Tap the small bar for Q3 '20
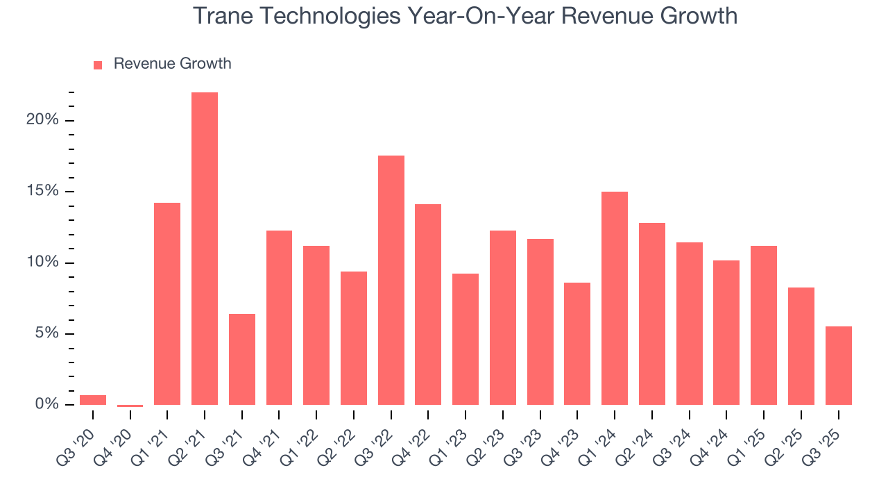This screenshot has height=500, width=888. pos(93,400)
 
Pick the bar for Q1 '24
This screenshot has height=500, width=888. pos(615,298)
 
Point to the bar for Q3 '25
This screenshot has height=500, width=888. pos(839,365)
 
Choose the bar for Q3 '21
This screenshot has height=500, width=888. pos(242,359)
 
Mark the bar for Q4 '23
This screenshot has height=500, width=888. pos(577,344)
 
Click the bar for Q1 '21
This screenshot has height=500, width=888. pos(167,303)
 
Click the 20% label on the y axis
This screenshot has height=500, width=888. pos(42,120)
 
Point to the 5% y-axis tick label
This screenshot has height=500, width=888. pos(46,333)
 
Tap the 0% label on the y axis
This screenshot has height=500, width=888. pos(46,404)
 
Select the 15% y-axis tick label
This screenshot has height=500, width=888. pos(42,191)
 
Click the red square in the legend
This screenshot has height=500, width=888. pos(98,65)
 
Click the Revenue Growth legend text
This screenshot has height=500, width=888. pos(172,64)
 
